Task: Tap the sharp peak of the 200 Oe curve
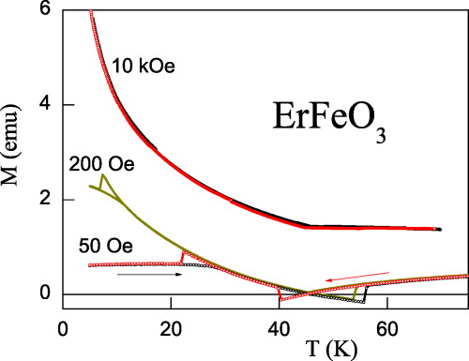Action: (101, 175)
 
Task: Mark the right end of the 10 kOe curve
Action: (439, 229)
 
